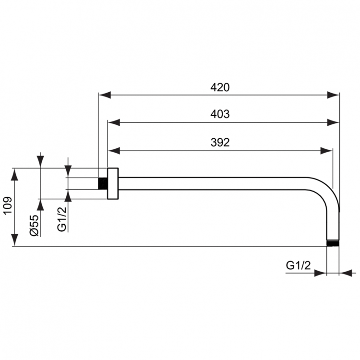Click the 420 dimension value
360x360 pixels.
(x=220, y=87)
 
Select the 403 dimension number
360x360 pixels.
(x=220, y=115)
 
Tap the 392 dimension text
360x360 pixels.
(x=220, y=143)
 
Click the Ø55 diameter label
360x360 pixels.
(x=34, y=225)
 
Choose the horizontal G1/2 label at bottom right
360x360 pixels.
(x=299, y=264)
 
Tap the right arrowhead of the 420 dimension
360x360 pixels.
(x=333, y=95)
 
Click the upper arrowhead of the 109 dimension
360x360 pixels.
(x=14, y=174)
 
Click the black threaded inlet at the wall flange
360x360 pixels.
(x=102, y=183)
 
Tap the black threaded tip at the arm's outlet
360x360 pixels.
(x=333, y=243)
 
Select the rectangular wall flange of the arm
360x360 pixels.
(x=113, y=183)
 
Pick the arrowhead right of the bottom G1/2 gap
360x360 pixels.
(x=346, y=273)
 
